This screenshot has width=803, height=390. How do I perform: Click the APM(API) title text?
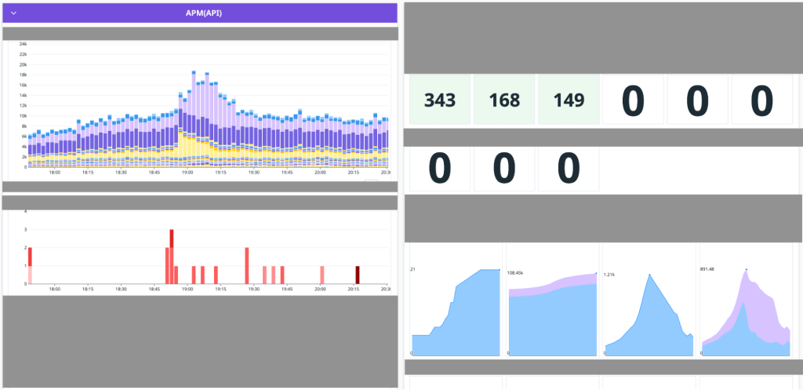(200, 13)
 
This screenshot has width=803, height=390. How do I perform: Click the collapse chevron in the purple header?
(14, 13)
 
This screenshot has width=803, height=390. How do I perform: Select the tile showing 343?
(440, 100)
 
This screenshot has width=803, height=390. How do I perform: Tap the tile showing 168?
(504, 100)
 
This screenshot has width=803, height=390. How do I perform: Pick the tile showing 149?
(569, 100)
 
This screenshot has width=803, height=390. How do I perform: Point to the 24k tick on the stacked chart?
(23, 44)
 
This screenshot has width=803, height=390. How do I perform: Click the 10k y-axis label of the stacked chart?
(23, 115)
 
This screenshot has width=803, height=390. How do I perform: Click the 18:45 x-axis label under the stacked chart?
(154, 173)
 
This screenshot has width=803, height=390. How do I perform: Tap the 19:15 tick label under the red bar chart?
(220, 290)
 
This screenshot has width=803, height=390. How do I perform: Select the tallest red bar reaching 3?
(172, 256)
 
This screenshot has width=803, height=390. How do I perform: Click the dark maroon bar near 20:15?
(358, 275)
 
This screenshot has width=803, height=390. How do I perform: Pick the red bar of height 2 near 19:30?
(246, 265)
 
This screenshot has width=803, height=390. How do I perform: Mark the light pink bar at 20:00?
(322, 275)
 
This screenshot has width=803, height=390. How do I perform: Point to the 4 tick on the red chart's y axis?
(26, 211)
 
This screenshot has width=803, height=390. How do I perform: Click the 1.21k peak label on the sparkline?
(609, 275)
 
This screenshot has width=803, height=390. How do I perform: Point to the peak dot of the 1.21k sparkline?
(649, 275)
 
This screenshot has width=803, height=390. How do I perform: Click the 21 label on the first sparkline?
(412, 269)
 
